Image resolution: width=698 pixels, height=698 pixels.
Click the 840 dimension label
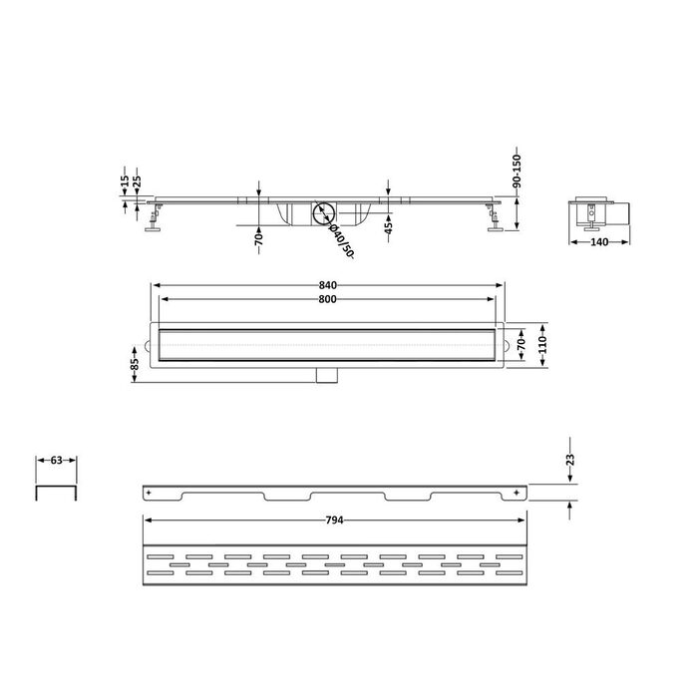pos(328,285)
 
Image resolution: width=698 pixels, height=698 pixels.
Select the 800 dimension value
pos(328,299)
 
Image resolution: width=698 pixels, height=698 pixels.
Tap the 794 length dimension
pos(334,520)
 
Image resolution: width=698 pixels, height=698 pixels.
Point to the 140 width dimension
pos(599,242)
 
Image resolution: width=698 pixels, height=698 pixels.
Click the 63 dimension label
pos(57,461)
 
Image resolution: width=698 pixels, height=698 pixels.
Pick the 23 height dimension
pos(570,459)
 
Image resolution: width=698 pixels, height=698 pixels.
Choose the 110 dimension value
pos(542,345)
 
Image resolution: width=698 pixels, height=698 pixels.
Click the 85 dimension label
pos(135,364)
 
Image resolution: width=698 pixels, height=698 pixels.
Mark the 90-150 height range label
pos(517,171)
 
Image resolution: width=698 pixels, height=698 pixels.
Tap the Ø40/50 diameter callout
pos(341,241)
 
